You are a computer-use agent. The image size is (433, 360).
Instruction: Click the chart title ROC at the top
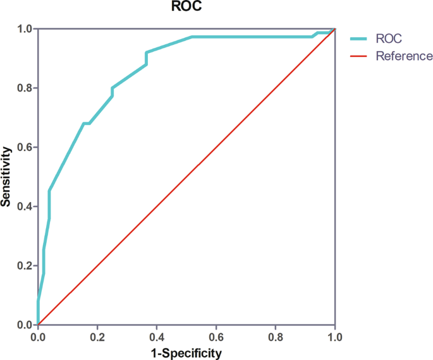click(186, 8)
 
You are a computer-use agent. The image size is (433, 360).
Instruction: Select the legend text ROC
click(389, 39)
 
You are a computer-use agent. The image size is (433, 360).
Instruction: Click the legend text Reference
click(404, 56)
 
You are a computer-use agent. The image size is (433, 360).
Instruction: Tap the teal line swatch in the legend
click(360, 39)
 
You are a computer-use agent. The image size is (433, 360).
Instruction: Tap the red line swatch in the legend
click(360, 56)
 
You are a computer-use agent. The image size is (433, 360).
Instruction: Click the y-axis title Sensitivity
click(6, 177)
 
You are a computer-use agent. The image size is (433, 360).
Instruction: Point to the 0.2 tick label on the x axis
click(97, 337)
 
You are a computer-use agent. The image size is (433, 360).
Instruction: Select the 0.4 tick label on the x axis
click(157, 337)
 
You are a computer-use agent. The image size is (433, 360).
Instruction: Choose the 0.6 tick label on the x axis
click(216, 337)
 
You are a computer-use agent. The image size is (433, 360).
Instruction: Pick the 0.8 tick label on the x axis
click(276, 337)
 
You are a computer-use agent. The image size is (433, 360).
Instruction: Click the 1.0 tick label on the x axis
click(334, 337)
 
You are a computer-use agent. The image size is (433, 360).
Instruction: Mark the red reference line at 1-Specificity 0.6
click(216, 147)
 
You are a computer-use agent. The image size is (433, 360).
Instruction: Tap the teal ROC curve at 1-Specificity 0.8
click(276, 37)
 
